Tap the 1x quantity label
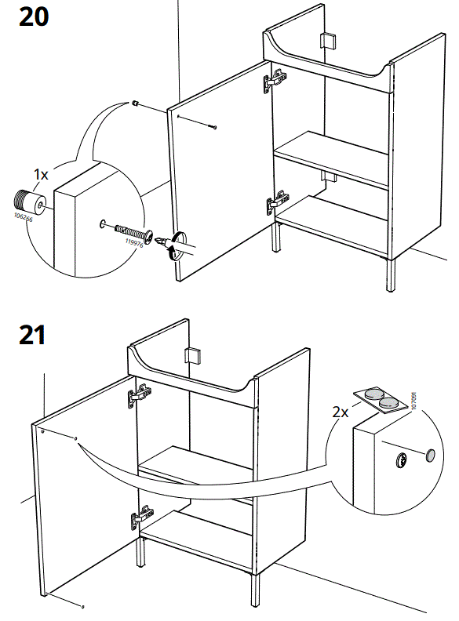40,175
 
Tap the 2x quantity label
338,411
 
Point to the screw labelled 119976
133,233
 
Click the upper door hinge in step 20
275,78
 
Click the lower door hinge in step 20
275,205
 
